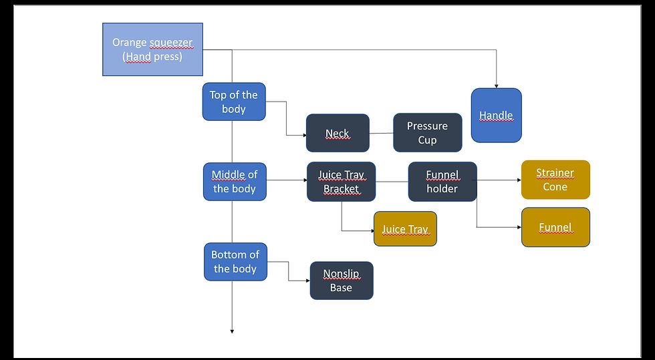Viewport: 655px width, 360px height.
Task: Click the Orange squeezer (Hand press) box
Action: click(x=152, y=49)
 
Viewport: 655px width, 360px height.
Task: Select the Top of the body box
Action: click(x=234, y=102)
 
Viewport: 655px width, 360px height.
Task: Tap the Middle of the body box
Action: click(x=235, y=182)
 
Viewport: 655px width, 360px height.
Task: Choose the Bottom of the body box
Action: click(x=235, y=262)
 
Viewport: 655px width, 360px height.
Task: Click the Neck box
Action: click(x=338, y=134)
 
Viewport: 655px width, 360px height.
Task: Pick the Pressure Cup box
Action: click(x=427, y=133)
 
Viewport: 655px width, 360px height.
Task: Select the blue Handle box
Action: click(x=496, y=116)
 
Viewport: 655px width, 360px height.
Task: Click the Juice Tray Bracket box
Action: click(x=341, y=182)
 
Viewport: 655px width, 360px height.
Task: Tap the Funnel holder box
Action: click(x=442, y=182)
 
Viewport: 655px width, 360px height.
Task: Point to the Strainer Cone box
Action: click(x=555, y=180)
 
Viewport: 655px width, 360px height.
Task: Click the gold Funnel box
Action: click(x=555, y=227)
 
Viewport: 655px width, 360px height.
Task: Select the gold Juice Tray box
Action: click(x=405, y=229)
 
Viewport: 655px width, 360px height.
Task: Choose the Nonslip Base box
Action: click(x=341, y=281)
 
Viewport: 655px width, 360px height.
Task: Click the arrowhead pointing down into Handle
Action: click(x=496, y=85)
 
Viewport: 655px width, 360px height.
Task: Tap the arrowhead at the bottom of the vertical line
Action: click(x=232, y=330)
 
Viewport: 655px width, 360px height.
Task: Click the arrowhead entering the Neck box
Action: click(x=303, y=136)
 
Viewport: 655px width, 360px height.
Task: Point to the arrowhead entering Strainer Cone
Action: click(x=518, y=180)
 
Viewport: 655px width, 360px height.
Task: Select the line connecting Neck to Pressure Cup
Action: click(x=381, y=133)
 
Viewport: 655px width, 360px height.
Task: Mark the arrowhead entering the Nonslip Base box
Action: click(x=307, y=281)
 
